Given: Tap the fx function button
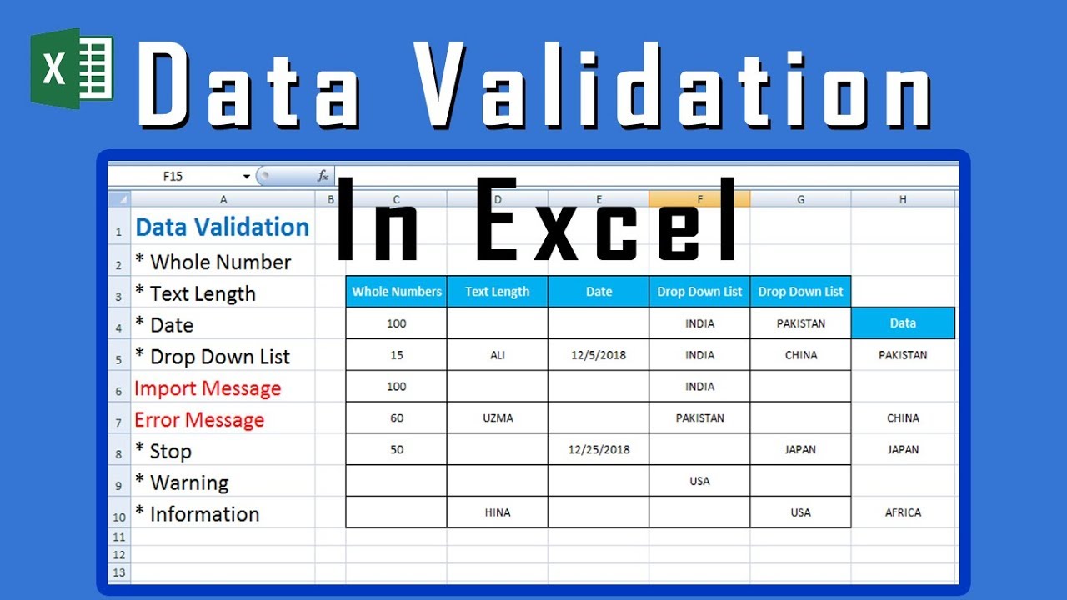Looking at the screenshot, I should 323,176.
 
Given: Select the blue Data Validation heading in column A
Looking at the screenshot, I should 222,227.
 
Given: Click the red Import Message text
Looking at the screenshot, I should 208,388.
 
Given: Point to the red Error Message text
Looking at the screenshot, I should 199,420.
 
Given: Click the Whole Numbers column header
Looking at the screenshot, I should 397,292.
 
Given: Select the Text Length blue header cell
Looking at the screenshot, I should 497,292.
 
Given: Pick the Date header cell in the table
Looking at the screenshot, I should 599,292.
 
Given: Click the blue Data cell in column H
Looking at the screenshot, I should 903,323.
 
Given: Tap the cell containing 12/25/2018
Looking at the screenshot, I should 599,450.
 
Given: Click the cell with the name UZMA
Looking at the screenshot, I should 498,418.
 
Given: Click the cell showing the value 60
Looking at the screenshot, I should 397,418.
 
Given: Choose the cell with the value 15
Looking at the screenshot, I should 397,355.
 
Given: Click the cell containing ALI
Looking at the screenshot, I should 498,355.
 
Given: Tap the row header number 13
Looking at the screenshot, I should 118,572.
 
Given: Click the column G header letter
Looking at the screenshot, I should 800,199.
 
